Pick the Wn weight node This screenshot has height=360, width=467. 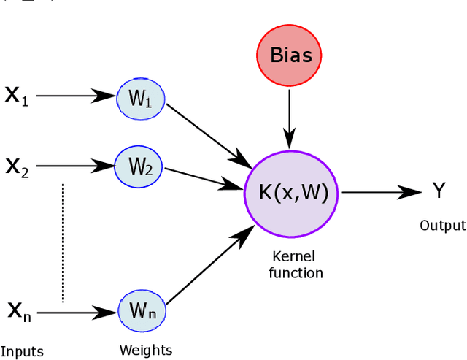142,312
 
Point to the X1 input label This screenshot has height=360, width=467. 17,96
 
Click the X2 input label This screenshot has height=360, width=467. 17,166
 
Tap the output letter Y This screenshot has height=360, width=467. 439,192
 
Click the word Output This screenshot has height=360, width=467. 442,226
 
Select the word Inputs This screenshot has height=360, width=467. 22,352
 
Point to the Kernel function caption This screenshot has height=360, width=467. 296,265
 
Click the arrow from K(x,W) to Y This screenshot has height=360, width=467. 379,193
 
